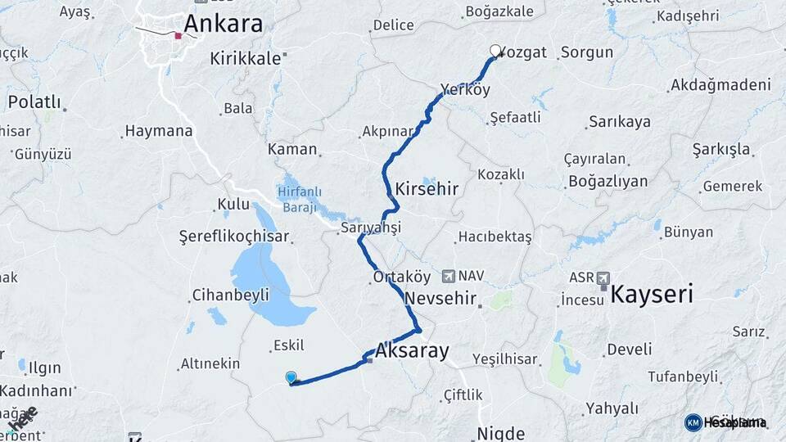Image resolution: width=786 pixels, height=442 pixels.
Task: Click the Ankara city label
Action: pos(223,23)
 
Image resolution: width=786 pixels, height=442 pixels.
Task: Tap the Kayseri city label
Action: pos(652,295)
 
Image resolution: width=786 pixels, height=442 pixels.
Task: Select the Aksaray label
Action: pos(413,351)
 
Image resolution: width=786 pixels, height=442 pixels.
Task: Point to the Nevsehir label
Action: pos(440,297)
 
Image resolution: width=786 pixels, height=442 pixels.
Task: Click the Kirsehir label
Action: pos(426,189)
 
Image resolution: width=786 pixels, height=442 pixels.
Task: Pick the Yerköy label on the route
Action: pos(465,89)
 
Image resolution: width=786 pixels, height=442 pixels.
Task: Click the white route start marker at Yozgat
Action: pos(495,51)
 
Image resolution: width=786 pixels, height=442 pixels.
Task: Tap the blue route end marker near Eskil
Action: pos(291,377)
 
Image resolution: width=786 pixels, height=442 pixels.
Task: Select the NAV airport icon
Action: pos(448,277)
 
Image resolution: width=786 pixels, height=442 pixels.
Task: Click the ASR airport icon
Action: pos(603,277)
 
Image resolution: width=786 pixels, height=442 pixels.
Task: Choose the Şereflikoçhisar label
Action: pos(234,237)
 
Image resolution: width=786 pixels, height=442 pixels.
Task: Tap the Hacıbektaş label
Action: pos(495,237)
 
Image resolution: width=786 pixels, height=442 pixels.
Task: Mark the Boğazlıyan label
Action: pos(608,181)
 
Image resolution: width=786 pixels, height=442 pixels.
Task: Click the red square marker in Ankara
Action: pos(178,36)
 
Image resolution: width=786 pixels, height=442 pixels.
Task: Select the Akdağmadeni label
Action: pos(720,85)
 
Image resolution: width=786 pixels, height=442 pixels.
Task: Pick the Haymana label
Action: pos(159,131)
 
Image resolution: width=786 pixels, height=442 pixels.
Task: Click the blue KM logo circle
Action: pos(693,422)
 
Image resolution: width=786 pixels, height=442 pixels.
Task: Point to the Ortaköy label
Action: pos(396,277)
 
